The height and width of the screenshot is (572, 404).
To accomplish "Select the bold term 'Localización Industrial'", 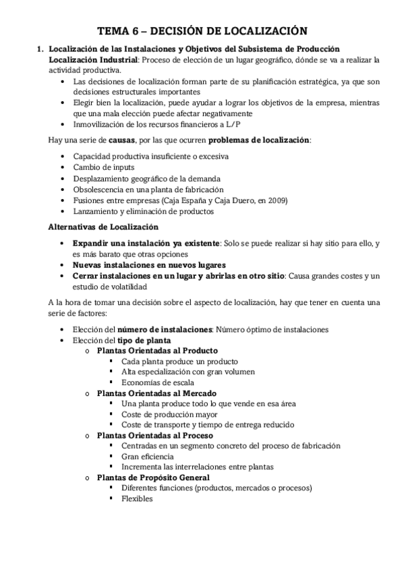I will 92,59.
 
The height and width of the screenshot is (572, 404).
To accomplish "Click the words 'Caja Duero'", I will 240,200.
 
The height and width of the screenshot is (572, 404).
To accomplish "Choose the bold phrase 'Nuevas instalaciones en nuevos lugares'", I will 148,264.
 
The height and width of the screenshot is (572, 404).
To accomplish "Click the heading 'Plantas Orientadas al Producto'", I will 156,351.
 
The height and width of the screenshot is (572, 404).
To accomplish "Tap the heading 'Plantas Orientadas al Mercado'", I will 156,393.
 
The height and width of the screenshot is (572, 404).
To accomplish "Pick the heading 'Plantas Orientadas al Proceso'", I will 155,435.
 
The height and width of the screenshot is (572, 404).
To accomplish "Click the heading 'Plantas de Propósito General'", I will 153,478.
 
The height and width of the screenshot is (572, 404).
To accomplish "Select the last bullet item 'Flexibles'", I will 137,499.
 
